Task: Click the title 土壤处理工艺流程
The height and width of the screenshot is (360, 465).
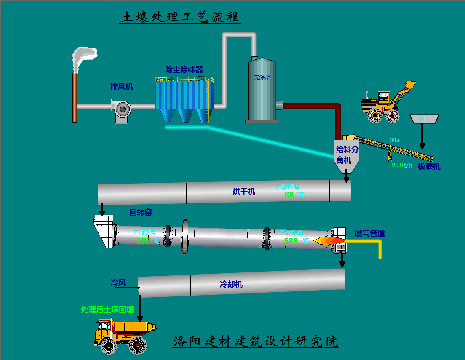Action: click(180, 17)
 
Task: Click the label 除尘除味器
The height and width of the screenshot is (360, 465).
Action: click(184, 69)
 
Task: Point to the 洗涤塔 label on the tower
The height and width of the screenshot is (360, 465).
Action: click(262, 77)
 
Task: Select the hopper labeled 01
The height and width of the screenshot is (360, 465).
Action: click(423, 119)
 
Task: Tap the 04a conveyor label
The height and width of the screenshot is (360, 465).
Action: click(395, 140)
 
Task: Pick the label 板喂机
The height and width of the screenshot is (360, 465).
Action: click(429, 167)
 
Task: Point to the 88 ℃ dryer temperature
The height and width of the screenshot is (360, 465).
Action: click(294, 195)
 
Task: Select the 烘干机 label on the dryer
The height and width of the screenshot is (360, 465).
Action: click(244, 192)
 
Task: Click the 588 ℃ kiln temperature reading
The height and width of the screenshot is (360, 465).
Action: click(296, 241)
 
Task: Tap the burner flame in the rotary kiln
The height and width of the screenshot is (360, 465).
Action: click(329, 241)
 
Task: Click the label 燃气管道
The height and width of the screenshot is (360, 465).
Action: click(369, 234)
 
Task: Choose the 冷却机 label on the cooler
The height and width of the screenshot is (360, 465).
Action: click(231, 284)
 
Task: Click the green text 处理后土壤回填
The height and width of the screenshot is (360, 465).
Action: click(107, 309)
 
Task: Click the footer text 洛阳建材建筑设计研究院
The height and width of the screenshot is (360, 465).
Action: click(256, 341)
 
